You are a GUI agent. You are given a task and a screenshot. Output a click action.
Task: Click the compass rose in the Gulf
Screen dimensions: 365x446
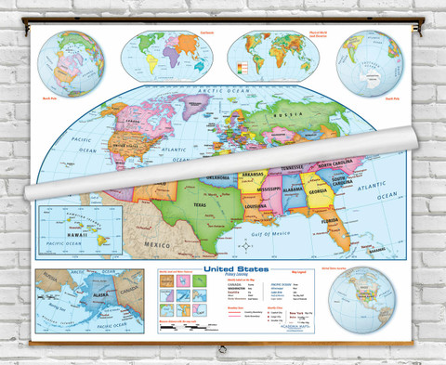point(243,245)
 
